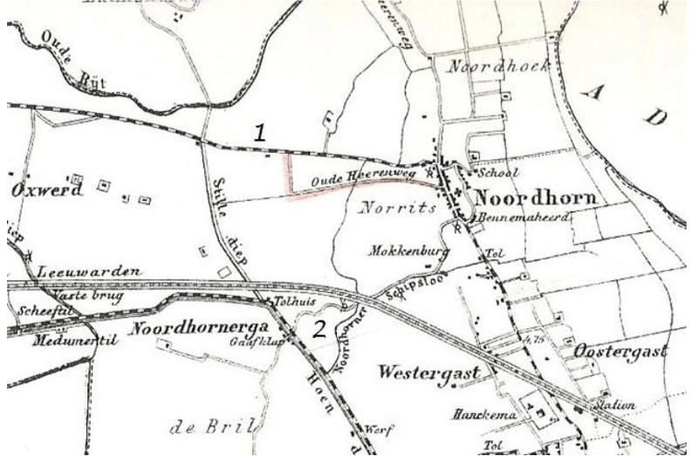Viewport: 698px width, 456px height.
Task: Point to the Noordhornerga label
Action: click(186, 329)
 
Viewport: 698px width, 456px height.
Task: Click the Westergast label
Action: click(430, 373)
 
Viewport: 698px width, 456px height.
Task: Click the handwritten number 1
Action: click(259, 133)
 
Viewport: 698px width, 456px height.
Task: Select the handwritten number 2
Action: click(320, 328)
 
